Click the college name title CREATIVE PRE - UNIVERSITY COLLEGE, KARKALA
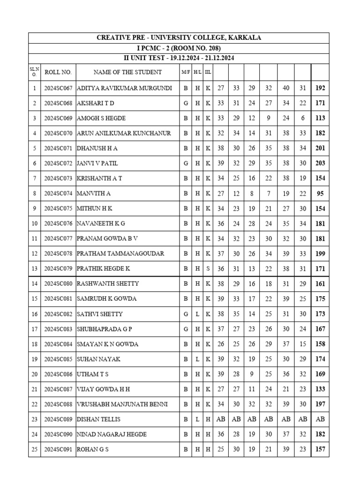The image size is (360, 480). tap(179, 37)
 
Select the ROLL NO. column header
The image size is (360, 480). tap(58, 72)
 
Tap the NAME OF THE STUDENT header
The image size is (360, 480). tap(127, 72)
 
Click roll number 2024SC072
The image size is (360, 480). tap(58, 164)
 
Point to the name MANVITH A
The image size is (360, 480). tap(94, 194)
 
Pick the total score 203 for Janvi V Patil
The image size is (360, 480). tap(320, 164)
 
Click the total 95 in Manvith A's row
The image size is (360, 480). tap(320, 194)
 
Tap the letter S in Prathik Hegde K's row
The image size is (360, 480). tap(208, 269)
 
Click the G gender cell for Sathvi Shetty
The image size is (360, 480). tap(186, 314)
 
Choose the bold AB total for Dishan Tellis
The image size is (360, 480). tap(320, 419)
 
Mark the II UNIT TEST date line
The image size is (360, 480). tap(179, 58)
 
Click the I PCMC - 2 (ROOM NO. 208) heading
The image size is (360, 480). tap(179, 48)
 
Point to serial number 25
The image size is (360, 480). tap(34, 449)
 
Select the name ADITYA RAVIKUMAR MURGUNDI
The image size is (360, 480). tap(124, 88)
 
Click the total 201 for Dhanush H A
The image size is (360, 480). tap(320, 149)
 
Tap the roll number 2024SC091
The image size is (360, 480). tap(58, 449)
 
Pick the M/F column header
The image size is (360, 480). tap(186, 72)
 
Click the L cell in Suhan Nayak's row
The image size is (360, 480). tap(197, 359)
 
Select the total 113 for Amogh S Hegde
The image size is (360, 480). tap(320, 118)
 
